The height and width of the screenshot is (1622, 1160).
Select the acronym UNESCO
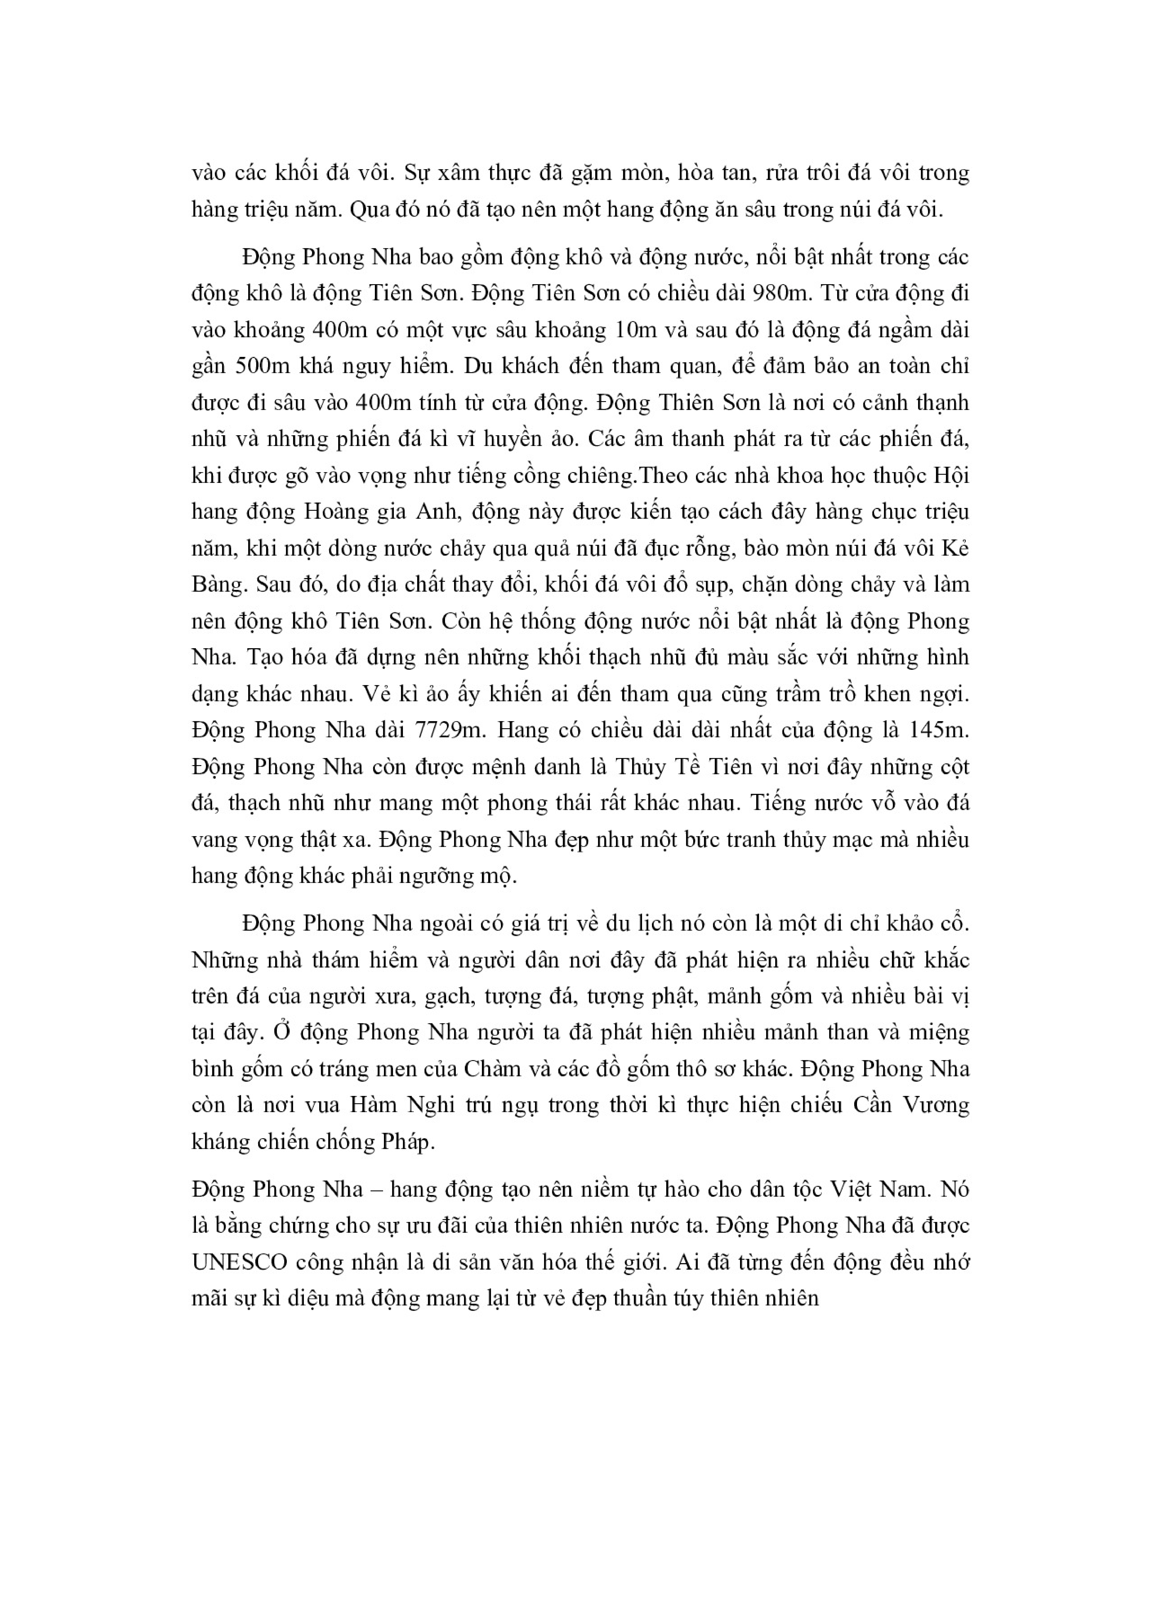pos(239,1262)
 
